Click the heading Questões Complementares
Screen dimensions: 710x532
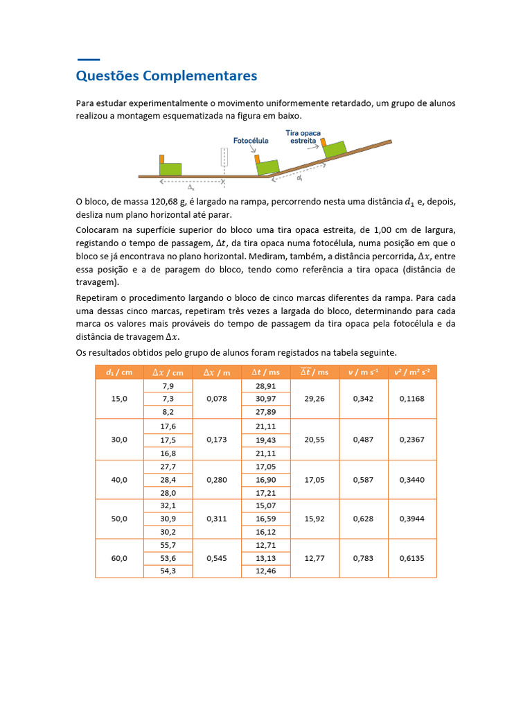pos(166,76)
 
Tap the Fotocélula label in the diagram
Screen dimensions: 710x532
pos(251,140)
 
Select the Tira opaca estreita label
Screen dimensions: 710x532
pos(303,136)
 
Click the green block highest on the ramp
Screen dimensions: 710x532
pos(335,149)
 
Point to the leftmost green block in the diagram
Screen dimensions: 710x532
pos(170,168)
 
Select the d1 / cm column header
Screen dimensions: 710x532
pos(119,372)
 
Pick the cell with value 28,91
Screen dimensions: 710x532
pos(265,386)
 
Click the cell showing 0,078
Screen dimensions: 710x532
pos(216,399)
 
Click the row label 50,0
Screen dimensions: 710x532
pos(119,519)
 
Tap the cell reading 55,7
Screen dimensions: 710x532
pos(168,545)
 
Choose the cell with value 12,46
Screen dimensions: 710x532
pos(265,571)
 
